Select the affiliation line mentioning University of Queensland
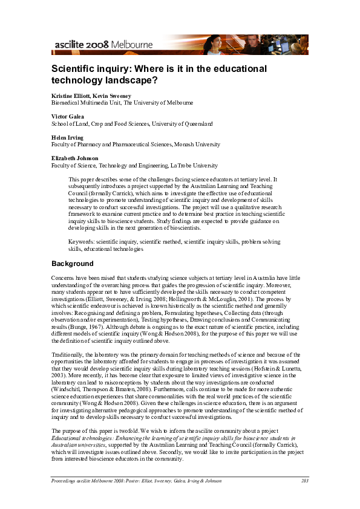point(132,124)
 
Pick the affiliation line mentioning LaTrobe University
point(134,166)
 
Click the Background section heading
point(73,264)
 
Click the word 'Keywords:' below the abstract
point(82,242)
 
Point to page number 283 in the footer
point(304,481)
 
